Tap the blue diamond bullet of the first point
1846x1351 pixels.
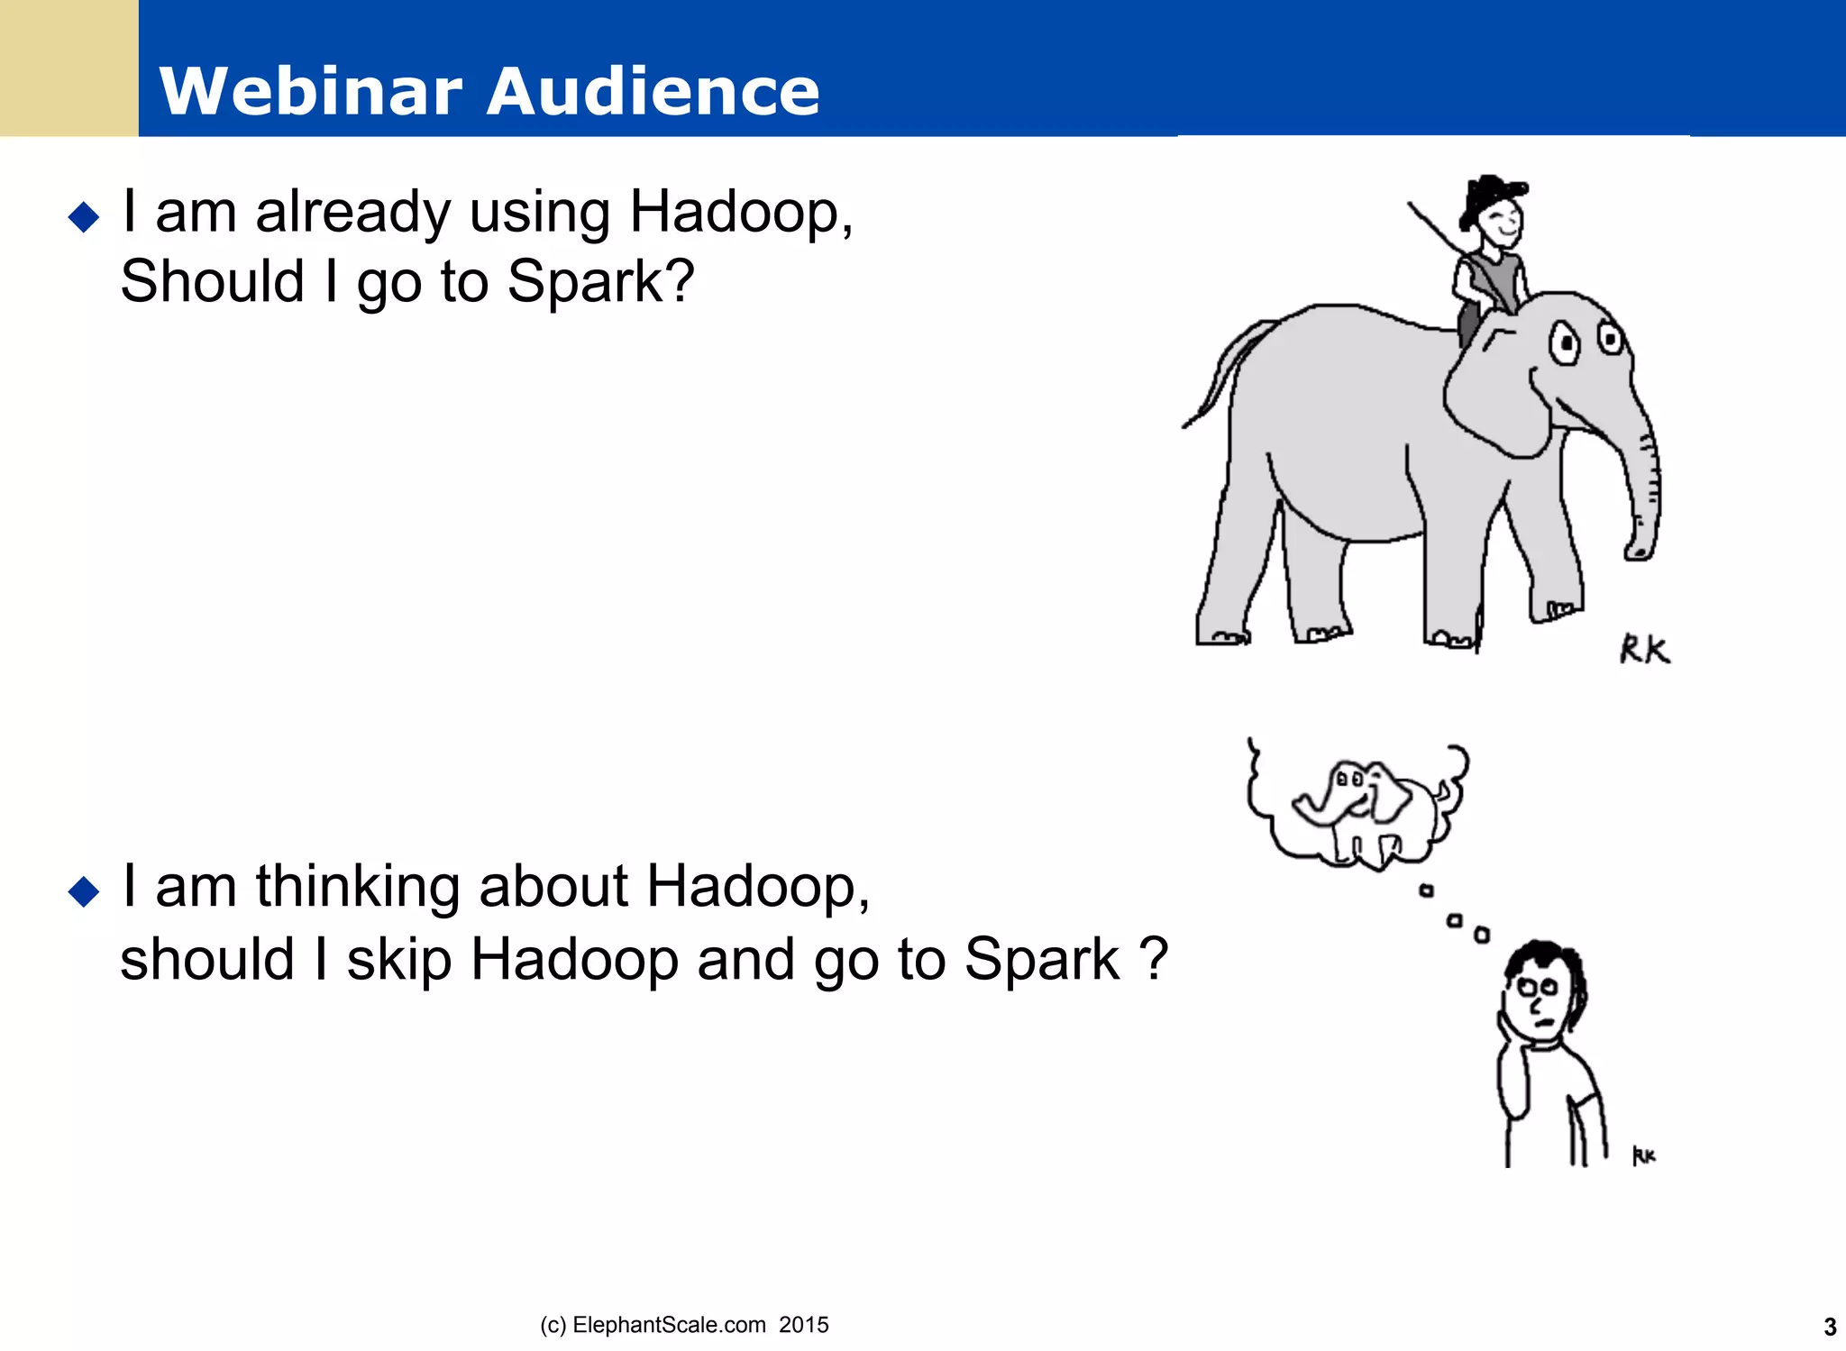click(84, 217)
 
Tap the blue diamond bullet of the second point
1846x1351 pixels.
click(84, 891)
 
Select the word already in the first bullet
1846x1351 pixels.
click(352, 214)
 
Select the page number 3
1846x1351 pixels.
click(1829, 1327)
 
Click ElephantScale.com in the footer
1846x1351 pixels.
click(669, 1325)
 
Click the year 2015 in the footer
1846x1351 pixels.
click(803, 1325)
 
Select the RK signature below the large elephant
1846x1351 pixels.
click(1644, 649)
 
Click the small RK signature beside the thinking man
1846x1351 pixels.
click(1644, 1155)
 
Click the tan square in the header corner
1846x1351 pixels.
click(69, 68)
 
